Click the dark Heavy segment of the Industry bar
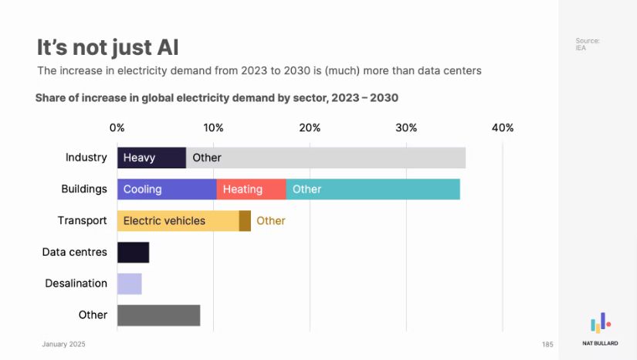pos(151,158)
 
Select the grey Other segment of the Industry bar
pos(325,158)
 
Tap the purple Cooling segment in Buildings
pos(166,189)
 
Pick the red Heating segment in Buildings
pos(251,189)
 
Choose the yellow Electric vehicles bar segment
pos(178,221)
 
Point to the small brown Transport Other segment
pos(245,221)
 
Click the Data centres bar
pos(133,253)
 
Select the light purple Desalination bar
pos(129,284)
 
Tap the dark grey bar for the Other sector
pos(158,315)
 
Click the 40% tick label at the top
pos(502,127)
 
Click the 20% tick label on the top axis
pos(310,127)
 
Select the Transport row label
pos(82,221)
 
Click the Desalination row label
pos(76,284)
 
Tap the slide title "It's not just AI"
pos(107,47)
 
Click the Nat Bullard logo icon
pos(600,322)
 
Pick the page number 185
pos(547,344)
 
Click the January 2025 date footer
pos(63,344)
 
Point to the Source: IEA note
pos(587,44)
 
